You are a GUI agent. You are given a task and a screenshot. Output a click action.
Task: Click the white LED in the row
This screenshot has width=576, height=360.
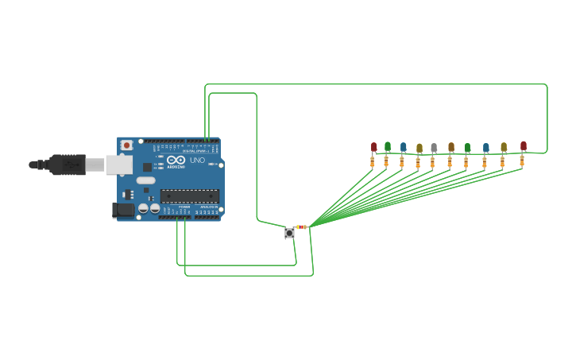pyautogui.click(x=434, y=148)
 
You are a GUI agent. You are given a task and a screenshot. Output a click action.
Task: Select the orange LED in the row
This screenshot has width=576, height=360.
pyautogui.click(x=450, y=147)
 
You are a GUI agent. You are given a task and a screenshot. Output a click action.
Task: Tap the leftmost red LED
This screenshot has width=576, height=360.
pyautogui.click(x=373, y=146)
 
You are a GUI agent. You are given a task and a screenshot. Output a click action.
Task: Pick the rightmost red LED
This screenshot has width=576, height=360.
pyautogui.click(x=524, y=145)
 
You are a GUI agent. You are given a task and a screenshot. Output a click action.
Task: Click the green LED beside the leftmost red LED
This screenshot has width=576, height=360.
pyautogui.click(x=388, y=145)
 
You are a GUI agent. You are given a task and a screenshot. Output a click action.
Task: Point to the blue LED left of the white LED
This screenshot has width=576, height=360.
pyautogui.click(x=403, y=147)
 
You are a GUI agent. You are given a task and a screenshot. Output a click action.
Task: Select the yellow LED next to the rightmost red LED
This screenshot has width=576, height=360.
pyautogui.click(x=504, y=147)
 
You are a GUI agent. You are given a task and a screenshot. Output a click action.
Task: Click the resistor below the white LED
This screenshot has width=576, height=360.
pyautogui.click(x=433, y=162)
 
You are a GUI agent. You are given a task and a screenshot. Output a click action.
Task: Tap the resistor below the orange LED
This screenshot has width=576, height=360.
pyautogui.click(x=450, y=162)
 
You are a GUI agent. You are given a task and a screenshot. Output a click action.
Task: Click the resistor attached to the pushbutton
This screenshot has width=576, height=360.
pyautogui.click(x=301, y=227)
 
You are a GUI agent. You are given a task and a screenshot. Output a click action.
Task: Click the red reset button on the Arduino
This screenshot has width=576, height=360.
pyautogui.click(x=126, y=145)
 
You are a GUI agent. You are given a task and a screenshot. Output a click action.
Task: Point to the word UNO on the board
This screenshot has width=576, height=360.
pyautogui.click(x=197, y=161)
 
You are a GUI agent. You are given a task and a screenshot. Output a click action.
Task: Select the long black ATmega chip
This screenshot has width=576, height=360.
pyautogui.click(x=188, y=195)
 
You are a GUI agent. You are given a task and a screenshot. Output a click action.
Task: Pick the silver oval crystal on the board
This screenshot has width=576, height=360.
pyautogui.click(x=145, y=180)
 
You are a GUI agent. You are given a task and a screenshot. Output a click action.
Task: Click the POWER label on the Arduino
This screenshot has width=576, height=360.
pyautogui.click(x=184, y=217)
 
